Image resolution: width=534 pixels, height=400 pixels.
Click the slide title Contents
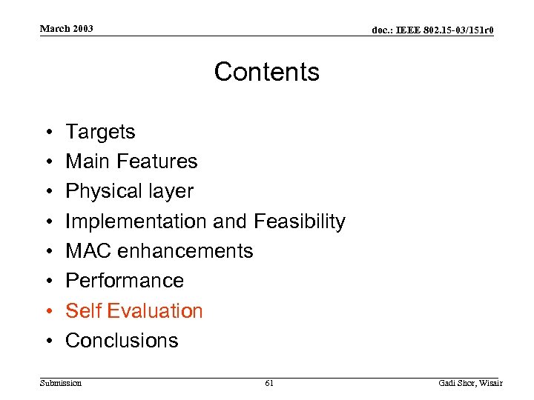pos(267,72)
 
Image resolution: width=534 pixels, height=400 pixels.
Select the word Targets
pos(100,132)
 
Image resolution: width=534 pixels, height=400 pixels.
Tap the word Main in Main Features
pos(85,161)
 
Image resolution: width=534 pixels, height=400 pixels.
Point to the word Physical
pos(99,191)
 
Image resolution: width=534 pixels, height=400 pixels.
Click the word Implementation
pos(136,221)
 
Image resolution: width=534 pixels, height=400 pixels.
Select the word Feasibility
pos(300,221)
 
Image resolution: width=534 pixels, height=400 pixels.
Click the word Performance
pos(125,281)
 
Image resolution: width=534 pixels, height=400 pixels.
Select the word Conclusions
pos(122,341)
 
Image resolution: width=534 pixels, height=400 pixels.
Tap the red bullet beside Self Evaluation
pos(47,311)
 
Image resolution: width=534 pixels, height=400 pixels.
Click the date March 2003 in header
pos(67,29)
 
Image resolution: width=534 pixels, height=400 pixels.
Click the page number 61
pos(268,383)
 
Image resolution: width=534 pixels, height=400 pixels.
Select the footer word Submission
pos(62,383)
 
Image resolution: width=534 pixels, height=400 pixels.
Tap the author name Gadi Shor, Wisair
pos(470,383)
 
